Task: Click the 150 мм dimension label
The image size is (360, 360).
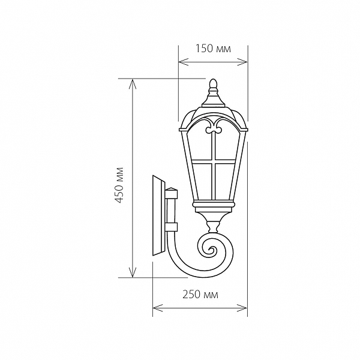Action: pyautogui.click(x=213, y=49)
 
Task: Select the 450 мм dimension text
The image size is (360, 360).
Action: pyautogui.click(x=119, y=185)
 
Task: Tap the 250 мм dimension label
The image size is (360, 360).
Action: pyautogui.click(x=200, y=295)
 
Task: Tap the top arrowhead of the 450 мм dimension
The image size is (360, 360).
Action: pyautogui.click(x=133, y=84)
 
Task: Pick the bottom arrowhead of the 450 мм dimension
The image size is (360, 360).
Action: pyautogui.click(x=133, y=272)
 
